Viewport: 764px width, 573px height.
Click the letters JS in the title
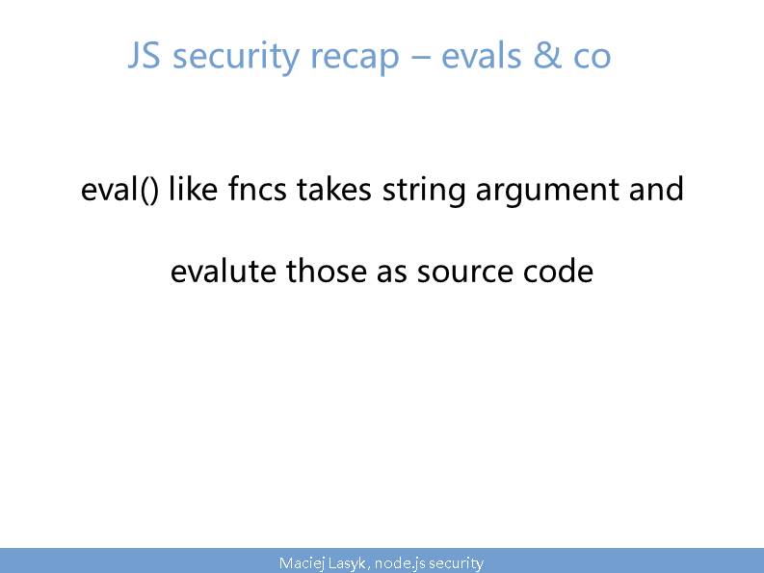144,55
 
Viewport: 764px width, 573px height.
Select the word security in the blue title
236,58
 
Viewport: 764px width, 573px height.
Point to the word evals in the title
482,55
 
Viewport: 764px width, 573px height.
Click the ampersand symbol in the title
547,55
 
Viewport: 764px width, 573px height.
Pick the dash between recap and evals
420,58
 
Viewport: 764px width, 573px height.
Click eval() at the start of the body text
119,189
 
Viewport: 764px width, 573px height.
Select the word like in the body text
193,188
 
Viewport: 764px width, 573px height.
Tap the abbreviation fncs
257,188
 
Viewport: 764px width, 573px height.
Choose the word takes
334,188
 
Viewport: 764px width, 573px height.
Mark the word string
424,191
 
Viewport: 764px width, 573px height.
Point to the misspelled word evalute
224,271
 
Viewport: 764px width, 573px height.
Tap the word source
464,273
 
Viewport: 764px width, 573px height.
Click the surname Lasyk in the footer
347,563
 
